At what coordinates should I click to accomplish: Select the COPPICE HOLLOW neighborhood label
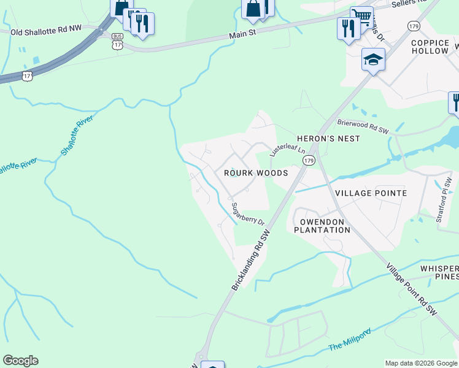[x=430, y=47]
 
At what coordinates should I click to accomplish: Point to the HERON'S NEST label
[x=328, y=139]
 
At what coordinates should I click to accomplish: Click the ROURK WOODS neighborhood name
[x=256, y=174]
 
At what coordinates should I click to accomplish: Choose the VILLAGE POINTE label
[x=371, y=193]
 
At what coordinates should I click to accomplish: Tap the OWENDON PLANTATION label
[x=322, y=225]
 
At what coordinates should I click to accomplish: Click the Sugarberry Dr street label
[x=247, y=213]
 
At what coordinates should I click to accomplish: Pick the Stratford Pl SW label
[x=445, y=195]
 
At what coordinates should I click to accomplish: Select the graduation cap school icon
[x=372, y=59]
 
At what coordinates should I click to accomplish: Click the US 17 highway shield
[x=26, y=75]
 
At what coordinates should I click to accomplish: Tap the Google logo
[x=20, y=361]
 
